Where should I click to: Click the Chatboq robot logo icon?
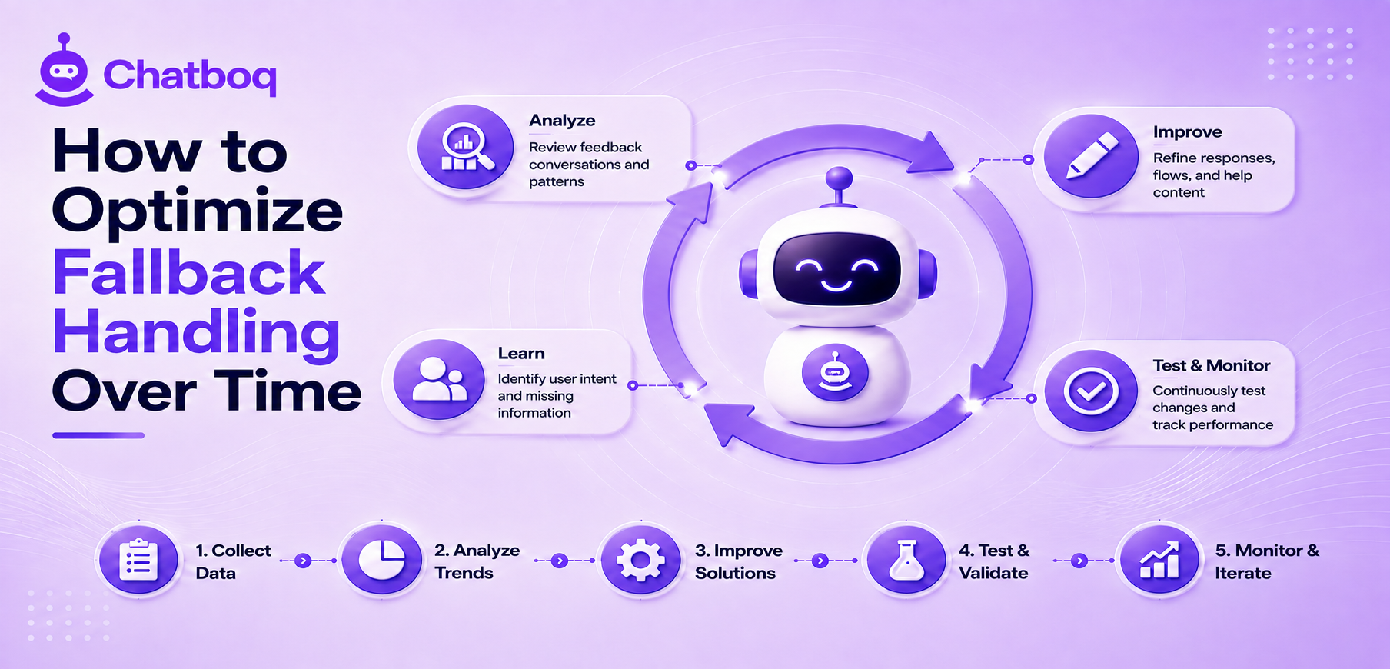[65, 70]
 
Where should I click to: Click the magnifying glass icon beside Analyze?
[466, 147]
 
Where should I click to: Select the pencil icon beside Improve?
[1092, 156]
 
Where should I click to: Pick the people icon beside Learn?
[439, 379]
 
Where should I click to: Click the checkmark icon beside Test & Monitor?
[1090, 391]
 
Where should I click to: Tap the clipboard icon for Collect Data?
[139, 560]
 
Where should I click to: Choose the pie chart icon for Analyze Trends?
[382, 560]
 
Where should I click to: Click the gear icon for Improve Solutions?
[640, 560]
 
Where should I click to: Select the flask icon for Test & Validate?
[906, 560]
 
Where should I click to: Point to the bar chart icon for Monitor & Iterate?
[1159, 560]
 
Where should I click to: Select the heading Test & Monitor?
[1211, 365]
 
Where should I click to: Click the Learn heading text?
[521, 353]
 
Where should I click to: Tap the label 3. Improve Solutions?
[738, 561]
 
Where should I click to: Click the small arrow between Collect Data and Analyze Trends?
[304, 561]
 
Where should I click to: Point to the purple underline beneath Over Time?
[98, 435]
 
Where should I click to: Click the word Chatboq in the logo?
[190, 75]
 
